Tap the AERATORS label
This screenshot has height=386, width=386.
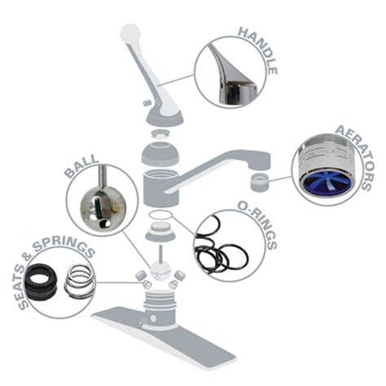pyautogui.click(x=353, y=155)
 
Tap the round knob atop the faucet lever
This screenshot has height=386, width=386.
pyautogui.click(x=129, y=33)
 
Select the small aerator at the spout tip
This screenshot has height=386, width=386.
pyautogui.click(x=259, y=180)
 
